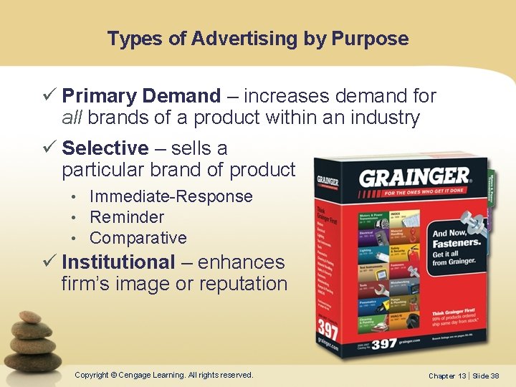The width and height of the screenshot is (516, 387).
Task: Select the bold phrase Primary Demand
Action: click(141, 96)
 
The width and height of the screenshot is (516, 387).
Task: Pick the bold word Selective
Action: click(105, 148)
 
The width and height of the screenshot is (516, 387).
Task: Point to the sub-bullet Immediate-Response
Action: click(171, 196)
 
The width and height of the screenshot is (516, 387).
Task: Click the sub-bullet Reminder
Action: click(127, 217)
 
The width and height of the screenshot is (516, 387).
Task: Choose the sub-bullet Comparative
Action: click(138, 238)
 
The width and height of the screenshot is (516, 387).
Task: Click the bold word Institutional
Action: click(118, 262)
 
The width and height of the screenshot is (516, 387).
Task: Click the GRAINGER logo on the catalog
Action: click(414, 176)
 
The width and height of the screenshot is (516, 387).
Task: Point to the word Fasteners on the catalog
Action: click(456, 244)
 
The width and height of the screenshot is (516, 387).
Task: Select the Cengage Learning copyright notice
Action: click(164, 375)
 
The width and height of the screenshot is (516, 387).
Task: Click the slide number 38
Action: click(495, 376)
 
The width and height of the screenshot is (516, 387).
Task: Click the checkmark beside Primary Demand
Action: click(50, 96)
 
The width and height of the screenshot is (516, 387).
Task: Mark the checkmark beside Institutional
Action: click(50, 262)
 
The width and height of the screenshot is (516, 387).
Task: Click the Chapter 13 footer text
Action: click(447, 376)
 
